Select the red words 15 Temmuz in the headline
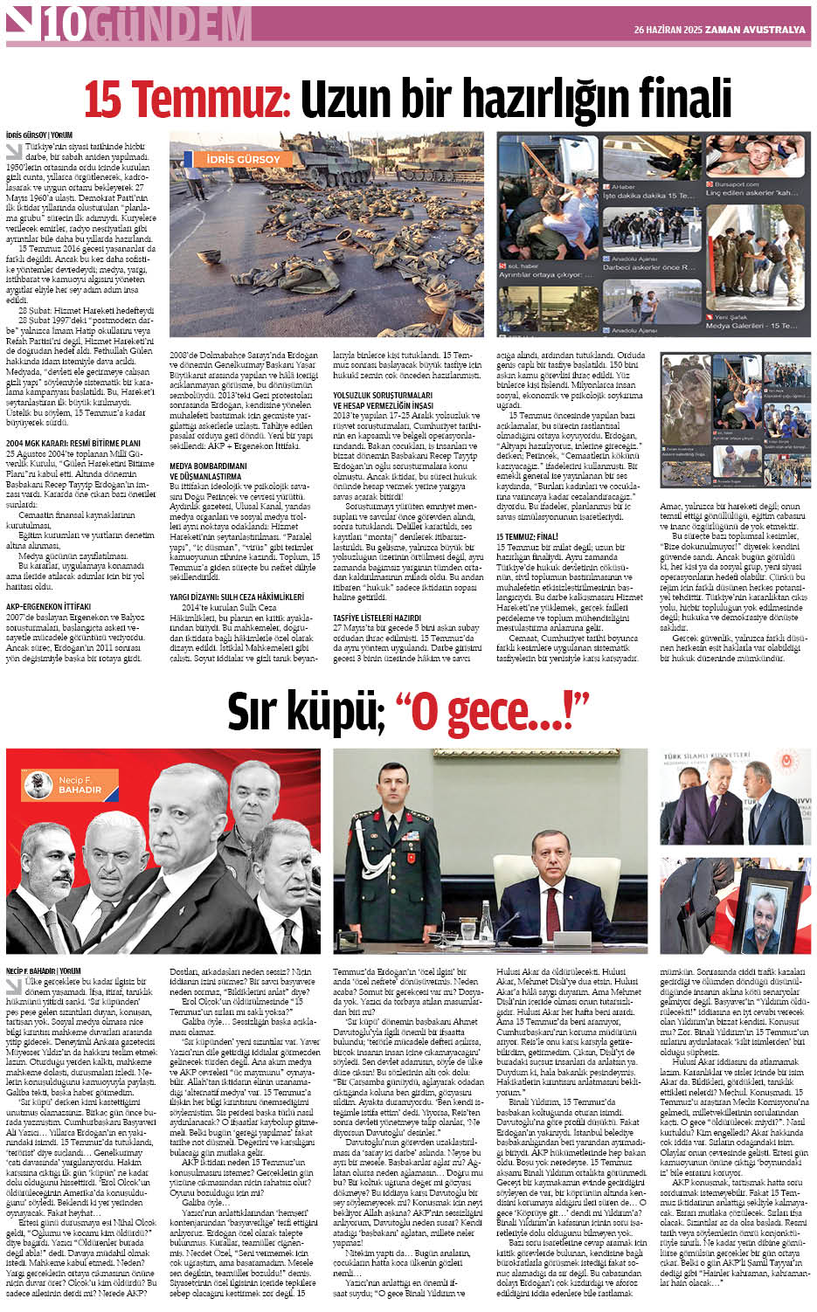(185, 99)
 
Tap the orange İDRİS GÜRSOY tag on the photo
(243, 159)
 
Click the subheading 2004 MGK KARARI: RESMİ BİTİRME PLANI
(73, 443)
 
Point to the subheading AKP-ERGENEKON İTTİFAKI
(48, 604)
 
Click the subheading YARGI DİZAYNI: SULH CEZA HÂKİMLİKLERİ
(236, 597)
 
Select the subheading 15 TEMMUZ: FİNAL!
(527, 536)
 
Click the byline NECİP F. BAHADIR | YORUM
(43, 970)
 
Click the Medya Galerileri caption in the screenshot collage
(751, 326)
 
